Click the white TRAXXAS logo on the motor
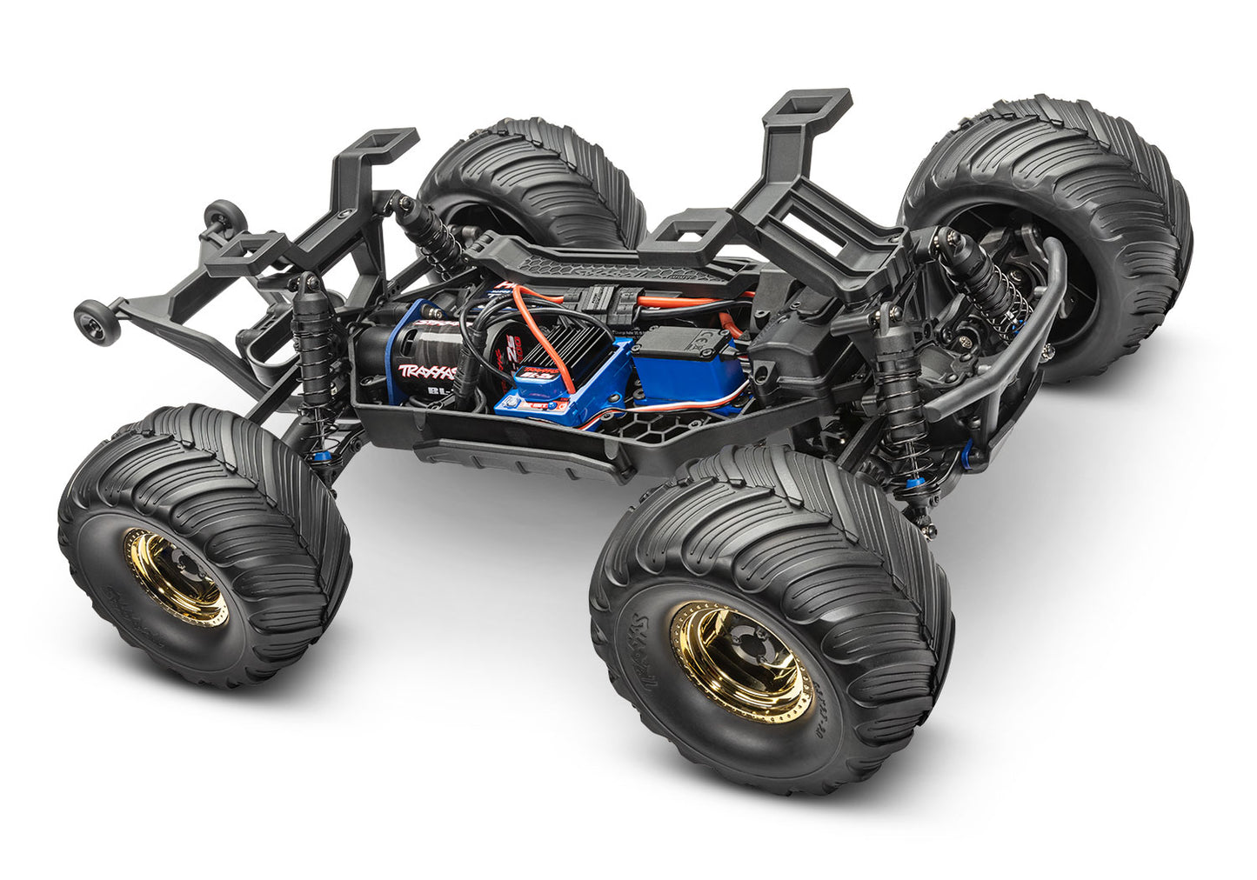pos(427,372)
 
